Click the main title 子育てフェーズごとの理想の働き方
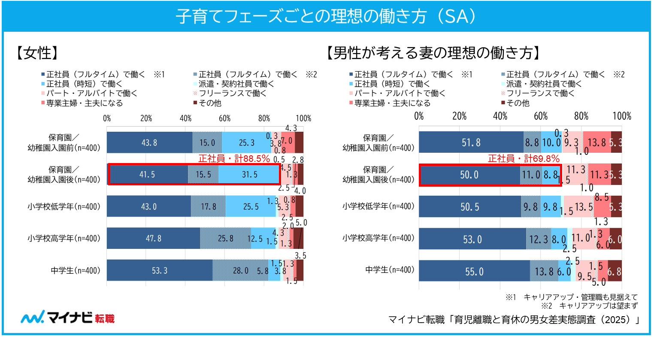click(x=326, y=17)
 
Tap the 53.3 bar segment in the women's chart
click(x=159, y=271)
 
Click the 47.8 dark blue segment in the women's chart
click(x=153, y=238)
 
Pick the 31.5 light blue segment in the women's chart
click(x=249, y=175)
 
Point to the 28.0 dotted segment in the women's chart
click(x=240, y=271)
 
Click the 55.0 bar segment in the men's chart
click(x=474, y=271)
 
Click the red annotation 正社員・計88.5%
click(x=234, y=158)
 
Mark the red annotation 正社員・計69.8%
click(x=524, y=158)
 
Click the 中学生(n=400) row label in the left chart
click(x=76, y=271)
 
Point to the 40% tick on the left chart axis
click(x=185, y=118)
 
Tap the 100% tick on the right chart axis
click(x=622, y=116)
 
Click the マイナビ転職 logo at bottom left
click(x=68, y=318)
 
